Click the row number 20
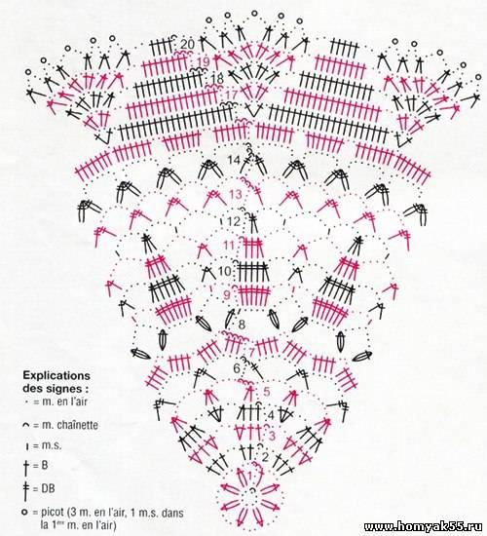point(187,44)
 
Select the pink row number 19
point(204,61)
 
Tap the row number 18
point(217,78)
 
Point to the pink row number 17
point(232,94)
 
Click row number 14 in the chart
point(234,160)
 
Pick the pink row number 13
point(236,195)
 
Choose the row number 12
point(234,221)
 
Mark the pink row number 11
point(229,246)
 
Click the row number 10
point(225,272)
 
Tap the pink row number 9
point(227,294)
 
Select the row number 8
point(242,325)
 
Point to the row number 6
point(237,368)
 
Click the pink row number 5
point(267,392)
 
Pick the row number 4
point(271,415)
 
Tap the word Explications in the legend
point(56,376)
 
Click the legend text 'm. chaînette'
point(70,425)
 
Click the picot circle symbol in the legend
point(24,512)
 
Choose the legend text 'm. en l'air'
point(64,402)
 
